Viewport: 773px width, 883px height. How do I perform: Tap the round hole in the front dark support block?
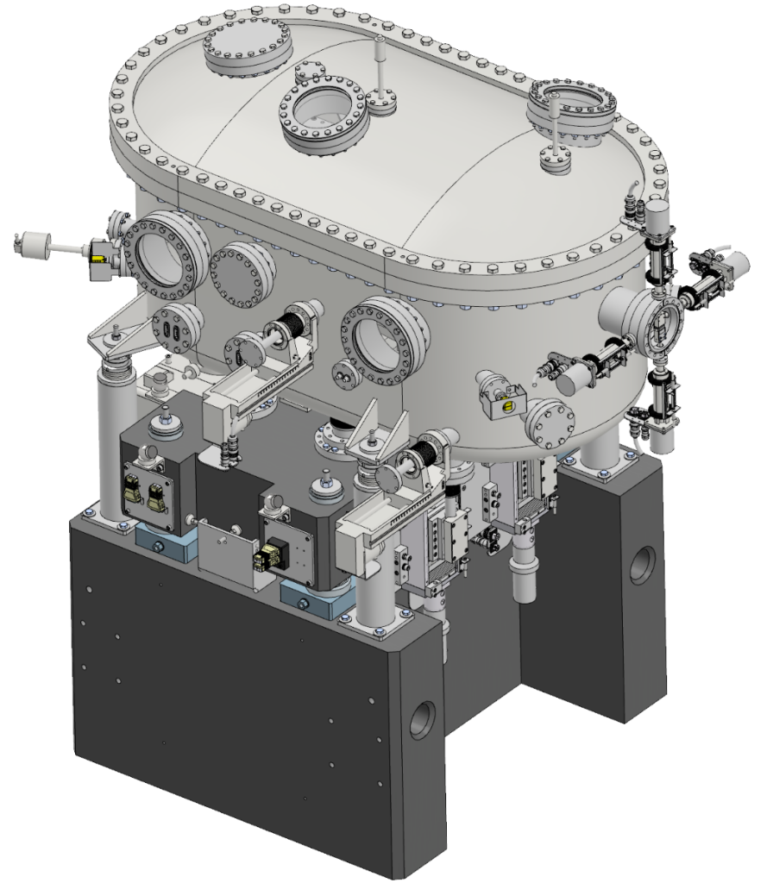pyautogui.click(x=422, y=718)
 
